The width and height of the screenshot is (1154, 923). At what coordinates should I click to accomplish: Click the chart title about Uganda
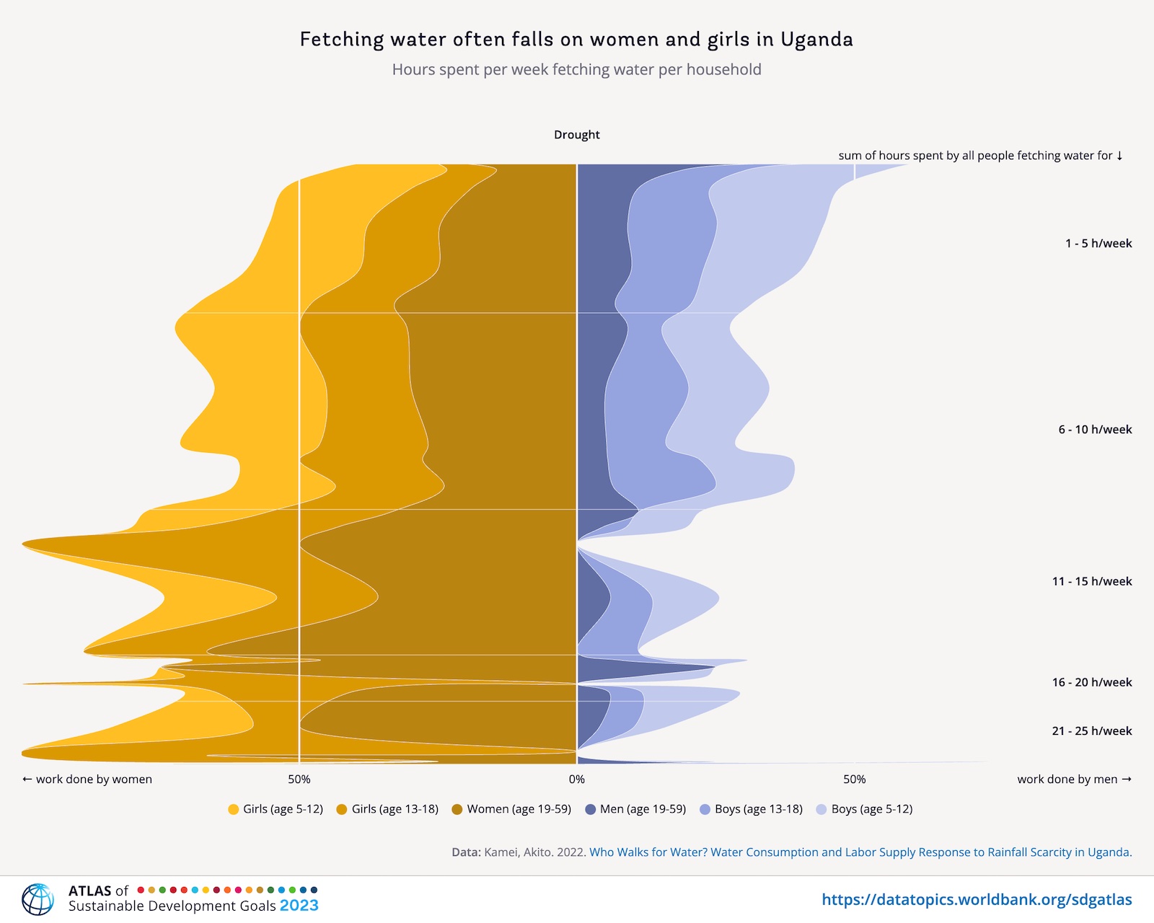click(576, 39)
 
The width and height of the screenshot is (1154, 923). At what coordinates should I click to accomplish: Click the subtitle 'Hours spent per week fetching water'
click(576, 70)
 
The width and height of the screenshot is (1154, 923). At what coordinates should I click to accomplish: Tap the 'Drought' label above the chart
click(576, 135)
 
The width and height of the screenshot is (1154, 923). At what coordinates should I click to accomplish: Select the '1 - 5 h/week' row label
click(1098, 244)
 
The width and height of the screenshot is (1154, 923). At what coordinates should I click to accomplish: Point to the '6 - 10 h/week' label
click(1095, 430)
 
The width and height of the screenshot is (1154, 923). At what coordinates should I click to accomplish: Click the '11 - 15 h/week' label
click(1091, 581)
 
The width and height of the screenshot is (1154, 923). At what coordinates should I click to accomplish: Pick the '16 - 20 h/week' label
click(1091, 682)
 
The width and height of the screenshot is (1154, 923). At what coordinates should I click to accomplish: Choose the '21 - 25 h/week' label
click(1091, 731)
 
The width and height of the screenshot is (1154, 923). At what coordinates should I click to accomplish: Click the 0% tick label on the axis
click(576, 780)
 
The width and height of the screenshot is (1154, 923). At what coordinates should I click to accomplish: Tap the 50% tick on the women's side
click(299, 780)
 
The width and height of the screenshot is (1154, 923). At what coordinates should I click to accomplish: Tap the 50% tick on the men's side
click(854, 780)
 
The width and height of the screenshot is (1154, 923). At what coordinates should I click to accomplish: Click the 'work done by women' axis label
click(87, 780)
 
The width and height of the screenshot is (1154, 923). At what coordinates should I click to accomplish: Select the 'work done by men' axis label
click(1074, 780)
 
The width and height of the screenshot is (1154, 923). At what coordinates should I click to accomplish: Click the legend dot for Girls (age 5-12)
click(234, 810)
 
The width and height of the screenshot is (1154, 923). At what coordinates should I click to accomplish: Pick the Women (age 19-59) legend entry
click(511, 809)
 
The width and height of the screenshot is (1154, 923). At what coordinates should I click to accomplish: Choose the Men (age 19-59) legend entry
click(635, 809)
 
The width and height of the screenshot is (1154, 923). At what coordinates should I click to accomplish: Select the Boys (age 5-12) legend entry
click(864, 809)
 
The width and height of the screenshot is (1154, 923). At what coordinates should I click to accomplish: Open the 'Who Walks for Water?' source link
click(860, 852)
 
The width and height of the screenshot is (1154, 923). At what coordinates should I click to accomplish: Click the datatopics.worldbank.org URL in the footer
click(977, 900)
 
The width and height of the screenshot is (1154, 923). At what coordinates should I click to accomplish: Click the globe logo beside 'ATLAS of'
click(38, 899)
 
